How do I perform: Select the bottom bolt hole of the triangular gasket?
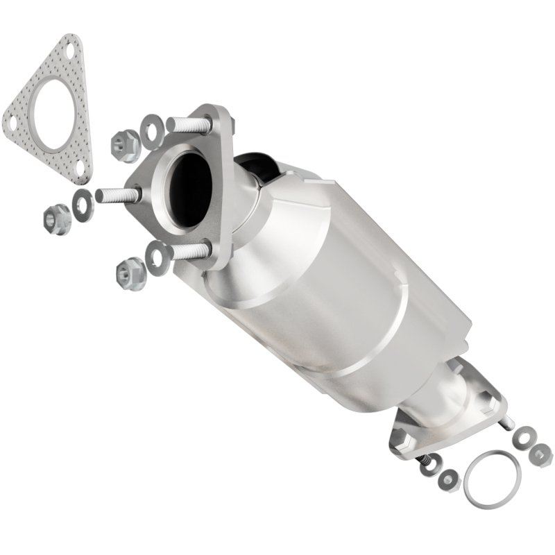click(80, 166)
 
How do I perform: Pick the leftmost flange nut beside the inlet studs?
click(54, 219)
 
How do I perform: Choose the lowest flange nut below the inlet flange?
click(130, 272)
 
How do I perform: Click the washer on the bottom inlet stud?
click(157, 256)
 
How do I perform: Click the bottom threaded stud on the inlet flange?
click(188, 250)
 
